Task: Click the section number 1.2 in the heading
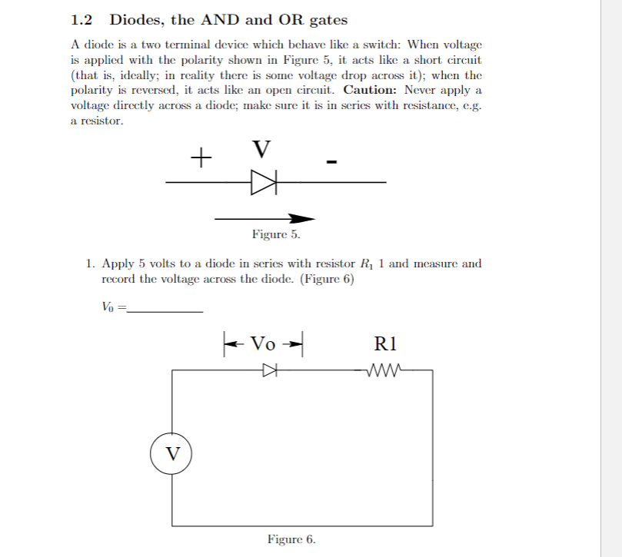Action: click(x=82, y=20)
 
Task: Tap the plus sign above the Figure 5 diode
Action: click(x=201, y=159)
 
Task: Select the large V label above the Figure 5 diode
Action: click(x=261, y=148)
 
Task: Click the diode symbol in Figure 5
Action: click(x=263, y=182)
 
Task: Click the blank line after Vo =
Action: click(x=165, y=310)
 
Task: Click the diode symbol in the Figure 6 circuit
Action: click(x=268, y=371)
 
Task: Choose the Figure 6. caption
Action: click(x=291, y=539)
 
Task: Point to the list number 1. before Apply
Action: click(x=91, y=264)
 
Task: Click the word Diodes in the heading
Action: click(x=137, y=20)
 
